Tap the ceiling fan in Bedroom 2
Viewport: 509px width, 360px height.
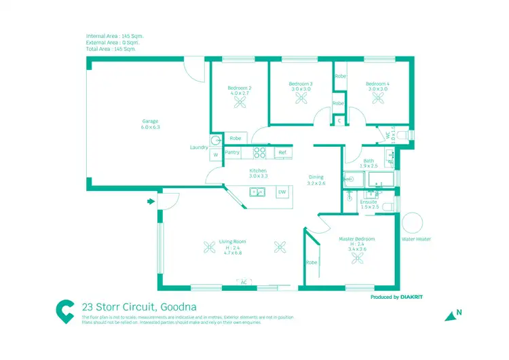(240, 102)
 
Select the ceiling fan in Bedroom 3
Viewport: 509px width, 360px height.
(301, 97)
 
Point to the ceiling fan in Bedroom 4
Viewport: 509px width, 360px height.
(377, 97)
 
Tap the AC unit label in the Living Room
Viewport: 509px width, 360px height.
(243, 281)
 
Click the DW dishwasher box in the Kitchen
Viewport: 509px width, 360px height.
(282, 192)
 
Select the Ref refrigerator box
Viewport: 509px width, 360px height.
(282, 153)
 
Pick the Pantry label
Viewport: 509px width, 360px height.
(233, 153)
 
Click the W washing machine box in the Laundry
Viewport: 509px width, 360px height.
(215, 155)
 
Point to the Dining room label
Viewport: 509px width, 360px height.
(316, 177)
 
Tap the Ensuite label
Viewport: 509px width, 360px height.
(368, 202)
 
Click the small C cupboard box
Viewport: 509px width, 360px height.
(339, 121)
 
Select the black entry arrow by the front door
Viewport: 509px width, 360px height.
(149, 201)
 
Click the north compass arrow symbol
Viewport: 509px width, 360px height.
(449, 315)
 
